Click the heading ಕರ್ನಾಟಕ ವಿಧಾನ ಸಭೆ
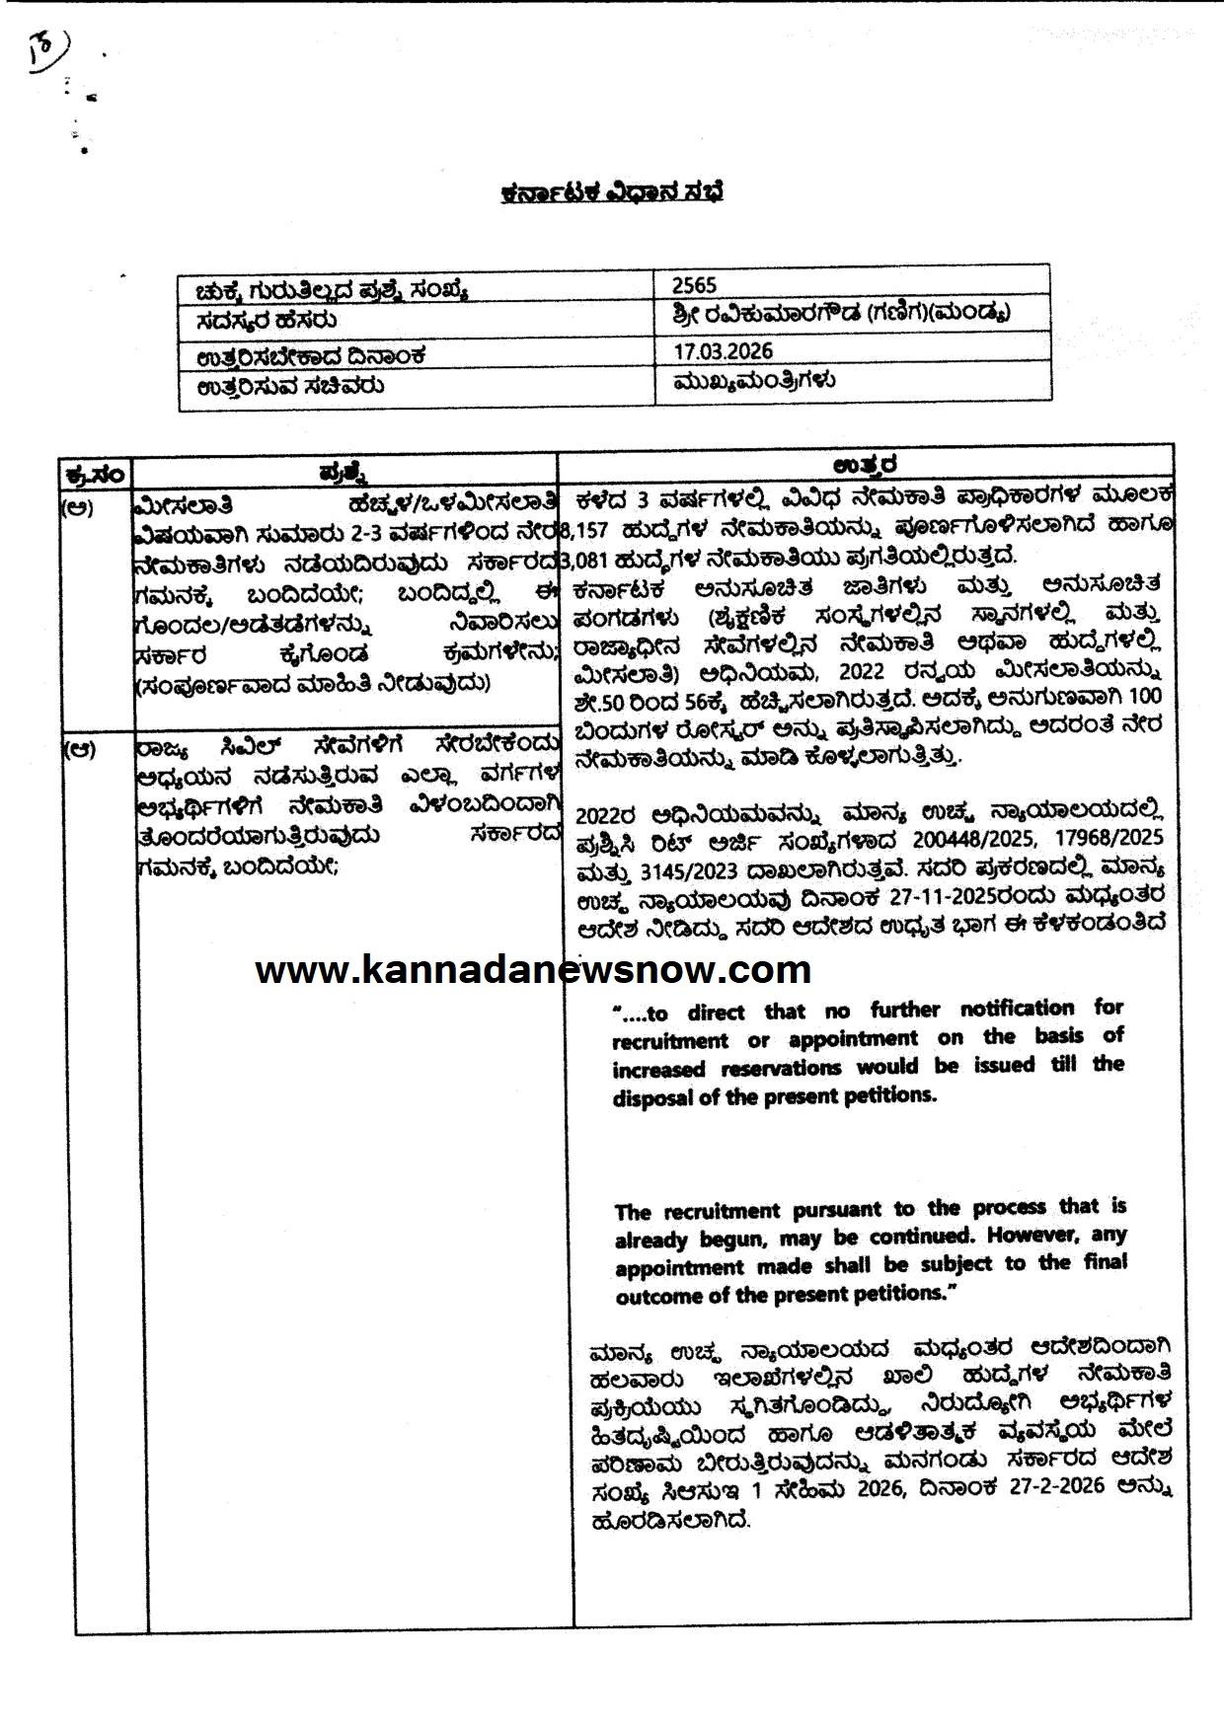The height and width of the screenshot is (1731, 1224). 612,191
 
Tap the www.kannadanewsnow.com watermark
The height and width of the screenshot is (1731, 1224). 533,970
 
